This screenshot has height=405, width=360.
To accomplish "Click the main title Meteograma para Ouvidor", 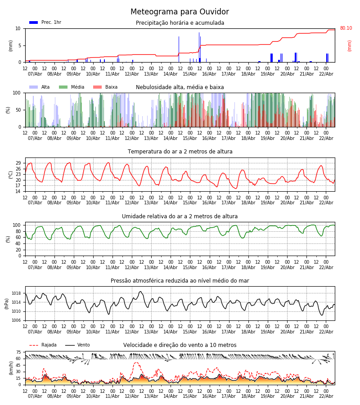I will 180,12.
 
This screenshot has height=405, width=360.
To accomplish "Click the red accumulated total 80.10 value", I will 346,28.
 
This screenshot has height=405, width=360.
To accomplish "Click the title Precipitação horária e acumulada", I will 180,23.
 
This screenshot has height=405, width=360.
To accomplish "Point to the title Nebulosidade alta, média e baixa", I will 180,87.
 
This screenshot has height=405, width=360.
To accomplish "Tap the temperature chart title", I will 180,152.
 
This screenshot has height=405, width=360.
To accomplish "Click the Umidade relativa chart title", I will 180,216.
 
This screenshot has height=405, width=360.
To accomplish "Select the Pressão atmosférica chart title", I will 180,281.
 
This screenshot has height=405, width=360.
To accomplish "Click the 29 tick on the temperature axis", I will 18,163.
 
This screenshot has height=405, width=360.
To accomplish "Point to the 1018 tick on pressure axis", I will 16,293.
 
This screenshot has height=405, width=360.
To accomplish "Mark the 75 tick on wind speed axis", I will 18,352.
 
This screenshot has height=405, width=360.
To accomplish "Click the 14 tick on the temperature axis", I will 18,191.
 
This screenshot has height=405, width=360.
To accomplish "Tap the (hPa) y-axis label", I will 7,303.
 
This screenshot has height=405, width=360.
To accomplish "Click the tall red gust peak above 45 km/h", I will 136,363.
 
